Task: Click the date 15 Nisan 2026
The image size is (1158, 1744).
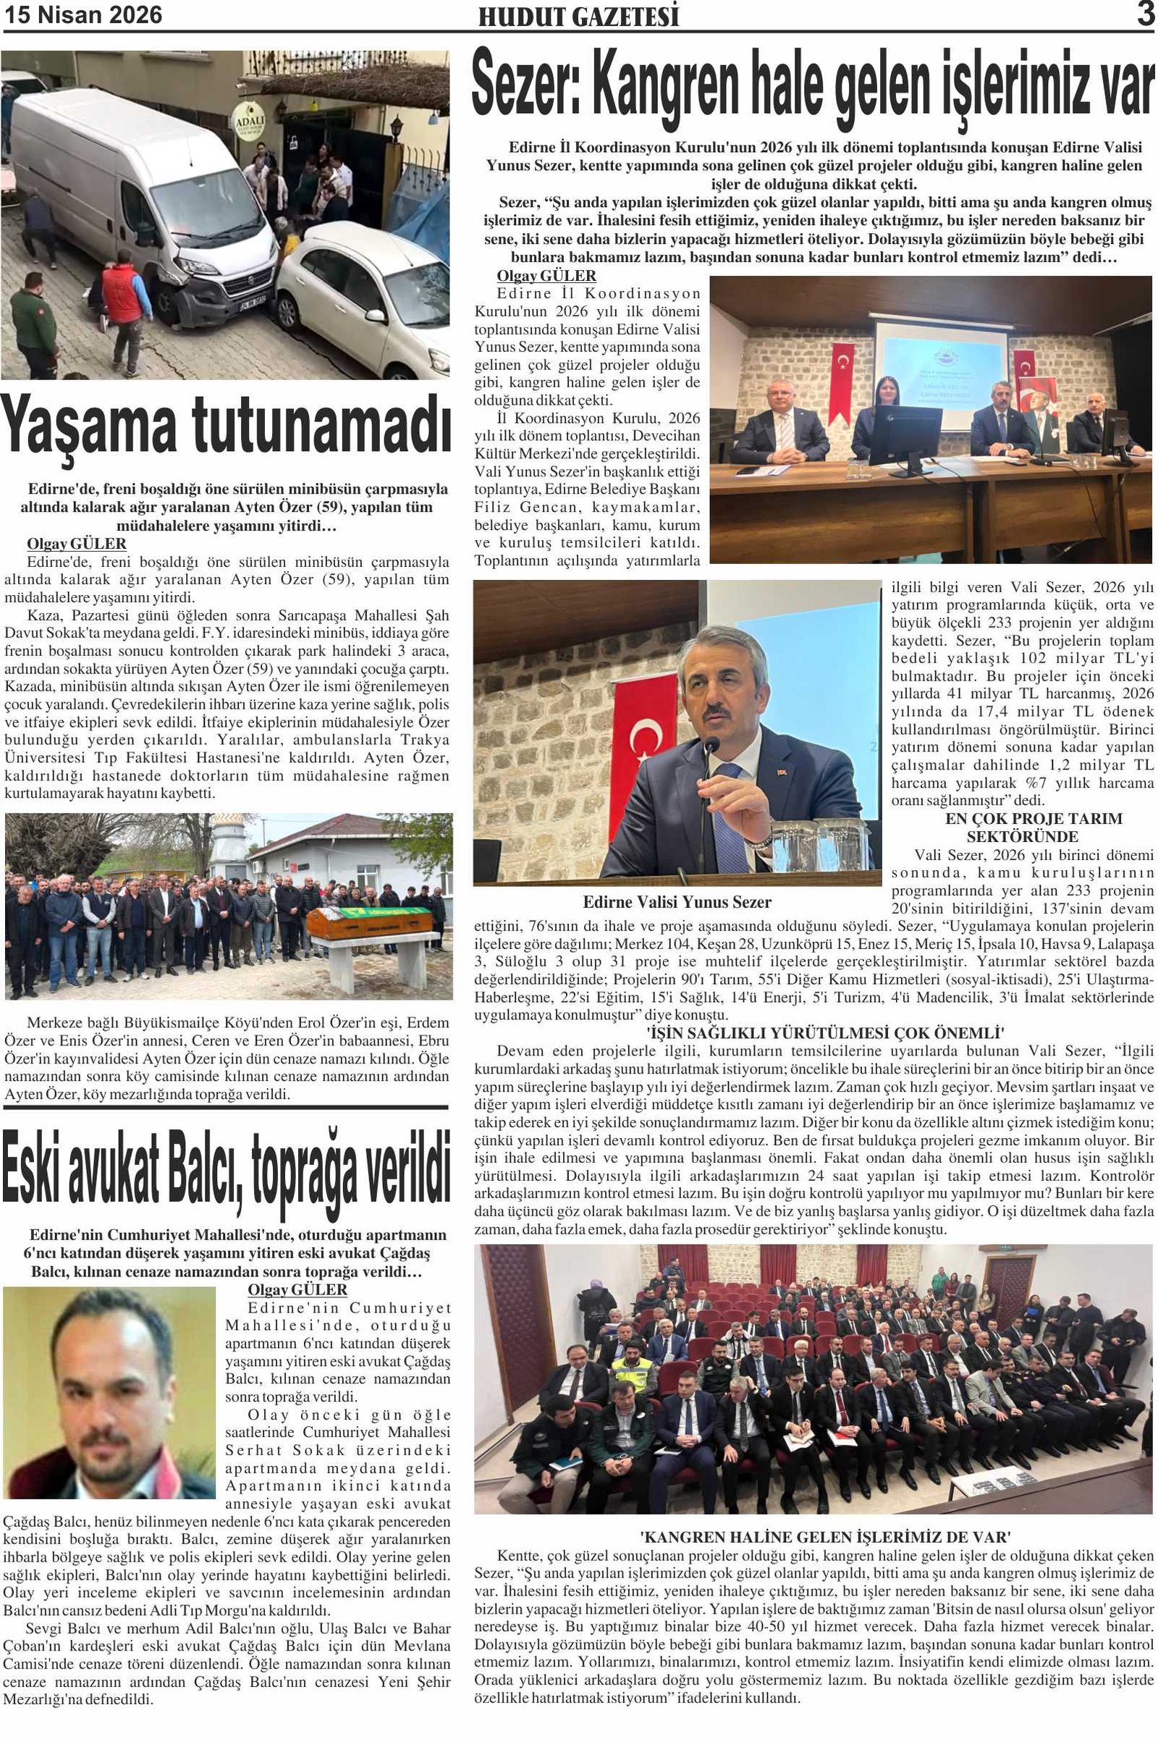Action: pyautogui.click(x=83, y=14)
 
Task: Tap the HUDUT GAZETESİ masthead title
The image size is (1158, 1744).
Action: pyautogui.click(x=578, y=17)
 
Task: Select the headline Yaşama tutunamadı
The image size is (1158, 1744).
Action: pyautogui.click(x=226, y=428)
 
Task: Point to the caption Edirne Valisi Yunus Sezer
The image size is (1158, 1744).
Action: pyautogui.click(x=677, y=902)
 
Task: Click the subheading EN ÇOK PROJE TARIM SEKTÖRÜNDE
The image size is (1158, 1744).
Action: pyautogui.click(x=1022, y=827)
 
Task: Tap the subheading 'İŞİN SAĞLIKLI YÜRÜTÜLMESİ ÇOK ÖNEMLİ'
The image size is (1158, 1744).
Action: pyautogui.click(x=815, y=1032)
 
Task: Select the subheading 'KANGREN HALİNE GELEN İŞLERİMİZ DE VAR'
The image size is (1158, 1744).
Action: pyautogui.click(x=815, y=1537)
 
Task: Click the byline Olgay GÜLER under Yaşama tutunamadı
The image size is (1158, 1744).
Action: pyautogui.click(x=76, y=544)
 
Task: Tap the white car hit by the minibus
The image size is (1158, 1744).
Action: pyautogui.click(x=362, y=295)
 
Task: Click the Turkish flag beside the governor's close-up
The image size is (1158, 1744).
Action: pyautogui.click(x=645, y=746)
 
